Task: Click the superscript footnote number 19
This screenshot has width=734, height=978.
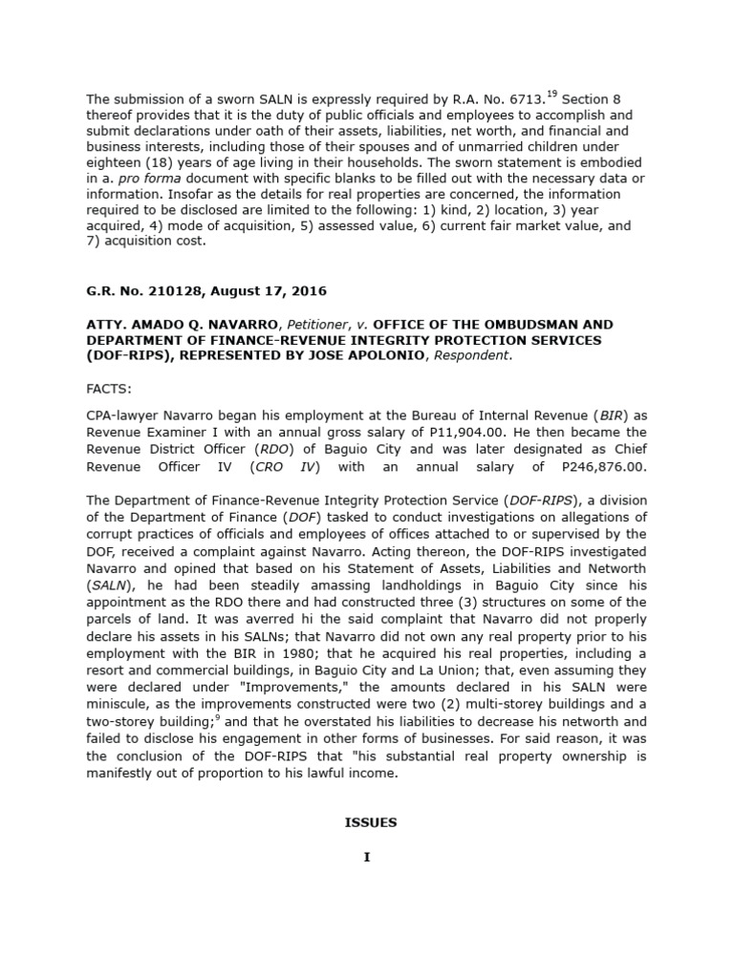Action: point(552,94)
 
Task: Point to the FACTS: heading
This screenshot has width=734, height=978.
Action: point(110,391)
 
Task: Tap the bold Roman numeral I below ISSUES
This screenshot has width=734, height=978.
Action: point(366,857)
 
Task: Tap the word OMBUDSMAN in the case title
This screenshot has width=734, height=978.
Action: point(508,325)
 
